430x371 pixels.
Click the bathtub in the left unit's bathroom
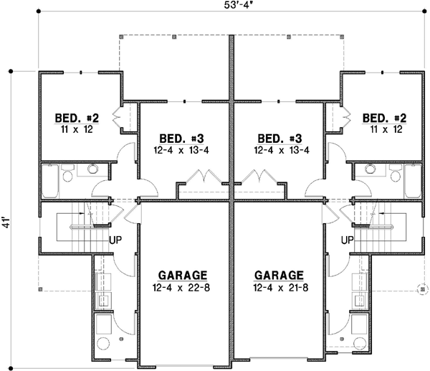click(50, 181)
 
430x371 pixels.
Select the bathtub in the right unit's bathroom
click(412, 181)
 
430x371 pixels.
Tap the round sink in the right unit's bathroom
click(369, 169)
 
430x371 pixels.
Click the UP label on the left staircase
click(115, 240)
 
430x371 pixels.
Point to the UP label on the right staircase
click(348, 240)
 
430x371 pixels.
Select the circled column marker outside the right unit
click(422, 289)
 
